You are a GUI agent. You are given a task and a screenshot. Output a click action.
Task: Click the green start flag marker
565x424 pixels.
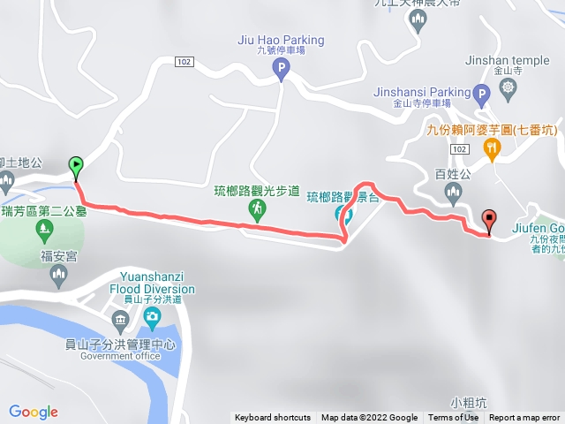click(x=77, y=164)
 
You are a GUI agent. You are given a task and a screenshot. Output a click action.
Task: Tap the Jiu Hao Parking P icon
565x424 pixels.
click(x=281, y=67)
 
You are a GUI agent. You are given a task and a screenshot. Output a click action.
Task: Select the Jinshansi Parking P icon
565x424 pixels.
click(x=481, y=93)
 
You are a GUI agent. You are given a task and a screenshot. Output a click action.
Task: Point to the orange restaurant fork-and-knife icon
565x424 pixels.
click(x=493, y=148)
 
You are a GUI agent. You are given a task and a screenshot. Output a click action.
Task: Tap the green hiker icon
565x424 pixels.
click(x=257, y=208)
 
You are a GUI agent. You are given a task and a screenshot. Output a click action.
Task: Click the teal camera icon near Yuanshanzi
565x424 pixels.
click(x=153, y=317)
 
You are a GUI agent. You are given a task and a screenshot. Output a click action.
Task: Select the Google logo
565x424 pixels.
click(x=34, y=412)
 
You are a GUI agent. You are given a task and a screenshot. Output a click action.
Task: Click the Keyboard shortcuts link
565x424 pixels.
click(x=273, y=418)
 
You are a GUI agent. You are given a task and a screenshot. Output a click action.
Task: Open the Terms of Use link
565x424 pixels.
click(x=454, y=418)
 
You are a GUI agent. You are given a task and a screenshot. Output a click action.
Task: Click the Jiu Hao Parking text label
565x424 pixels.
click(x=281, y=40)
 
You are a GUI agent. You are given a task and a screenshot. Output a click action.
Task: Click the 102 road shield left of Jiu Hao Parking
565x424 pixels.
click(x=184, y=62)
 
